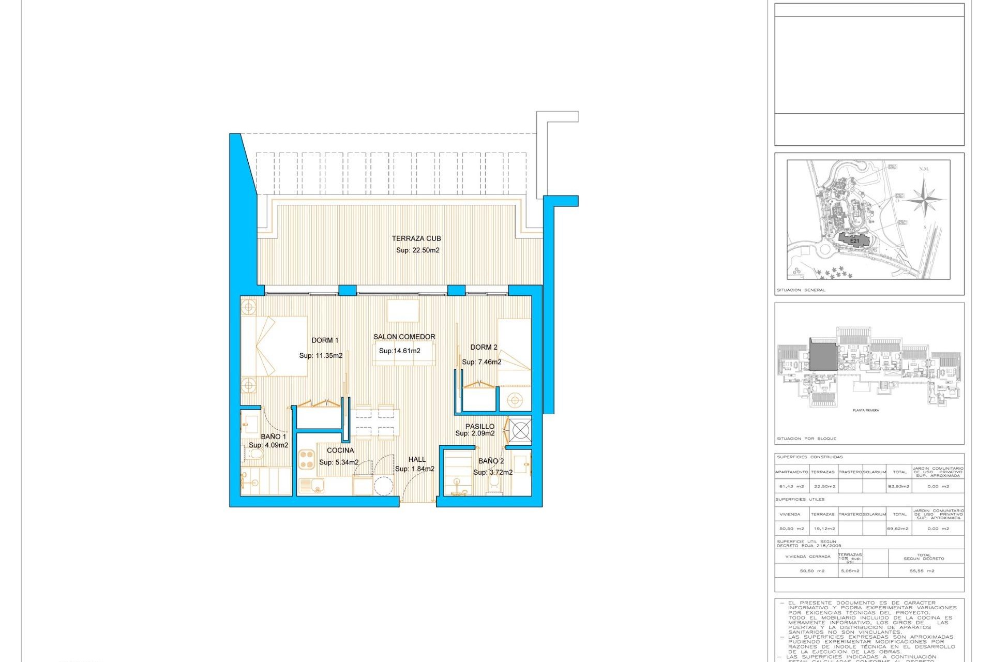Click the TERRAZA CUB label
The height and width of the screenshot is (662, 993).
[416, 238]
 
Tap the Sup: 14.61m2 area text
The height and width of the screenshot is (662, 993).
[399, 351]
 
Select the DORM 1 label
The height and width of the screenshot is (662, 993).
[325, 340]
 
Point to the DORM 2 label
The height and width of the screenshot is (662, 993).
[484, 347]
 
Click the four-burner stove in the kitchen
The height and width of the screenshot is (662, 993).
[307, 459]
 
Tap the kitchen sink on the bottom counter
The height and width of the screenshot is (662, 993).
[311, 486]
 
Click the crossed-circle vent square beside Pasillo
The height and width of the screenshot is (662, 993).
[520, 430]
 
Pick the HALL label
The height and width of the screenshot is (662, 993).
[417, 459]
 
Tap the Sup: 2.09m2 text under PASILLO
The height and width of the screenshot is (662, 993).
[474, 433]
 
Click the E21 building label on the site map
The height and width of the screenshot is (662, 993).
[854, 241]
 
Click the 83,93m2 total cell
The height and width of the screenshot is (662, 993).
[899, 486]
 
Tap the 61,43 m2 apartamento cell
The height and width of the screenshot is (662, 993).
[791, 486]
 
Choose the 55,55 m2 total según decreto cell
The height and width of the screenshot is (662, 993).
[922, 571]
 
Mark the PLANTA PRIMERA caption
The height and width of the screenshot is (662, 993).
[865, 410]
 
